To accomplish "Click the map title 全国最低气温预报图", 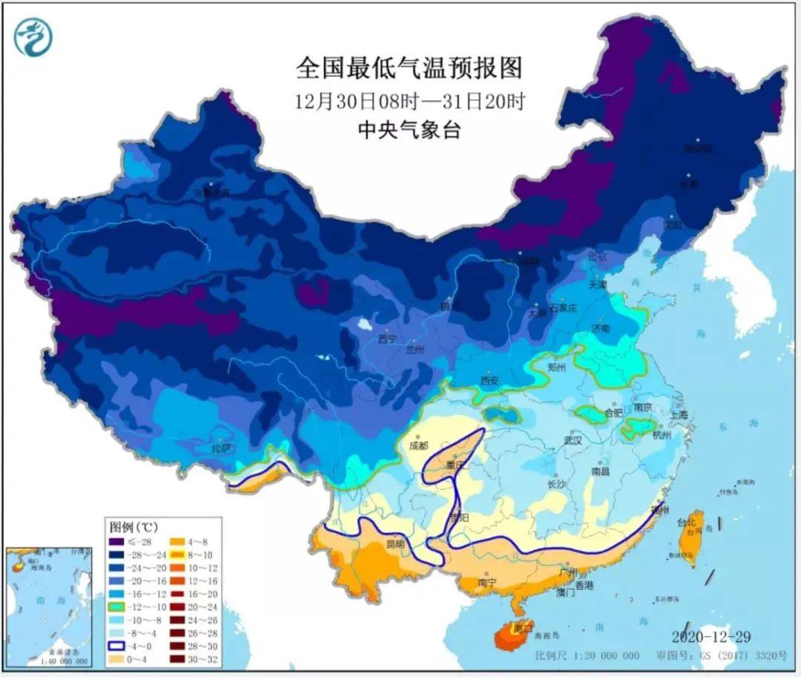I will coord(409,68).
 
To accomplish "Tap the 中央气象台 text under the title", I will coord(409,131).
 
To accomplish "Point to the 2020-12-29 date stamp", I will coord(712,637).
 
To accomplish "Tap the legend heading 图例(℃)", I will coord(134,528).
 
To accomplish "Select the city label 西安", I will coord(489,380).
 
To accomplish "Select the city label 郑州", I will coord(556,367).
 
